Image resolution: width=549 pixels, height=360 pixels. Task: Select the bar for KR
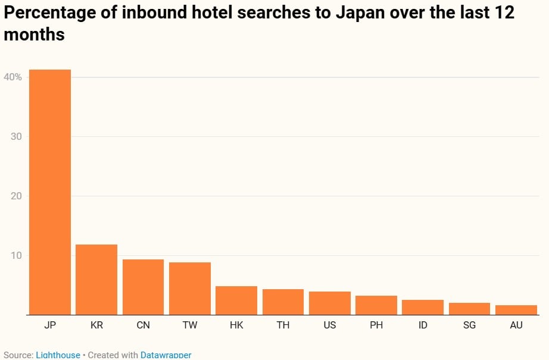coord(96,280)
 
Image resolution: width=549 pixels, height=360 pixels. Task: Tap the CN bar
coord(143,287)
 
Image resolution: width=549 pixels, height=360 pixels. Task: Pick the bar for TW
coord(190,289)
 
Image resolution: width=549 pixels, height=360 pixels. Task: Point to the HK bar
coord(236,300)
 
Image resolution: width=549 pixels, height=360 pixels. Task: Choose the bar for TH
coord(283,302)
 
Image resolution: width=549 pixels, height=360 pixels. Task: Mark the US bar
coord(330,303)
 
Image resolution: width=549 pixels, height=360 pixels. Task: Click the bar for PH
coord(376,305)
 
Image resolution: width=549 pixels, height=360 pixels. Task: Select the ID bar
coord(423,307)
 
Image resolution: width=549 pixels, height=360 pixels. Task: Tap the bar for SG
coord(469,309)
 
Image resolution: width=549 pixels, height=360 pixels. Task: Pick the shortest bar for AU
coord(516,310)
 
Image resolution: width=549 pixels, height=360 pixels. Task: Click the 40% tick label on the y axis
coord(13,77)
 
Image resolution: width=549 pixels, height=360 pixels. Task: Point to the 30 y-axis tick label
coord(16,136)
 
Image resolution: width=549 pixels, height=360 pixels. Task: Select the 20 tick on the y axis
coord(16,196)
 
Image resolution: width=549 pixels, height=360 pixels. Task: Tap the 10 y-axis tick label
coord(16,255)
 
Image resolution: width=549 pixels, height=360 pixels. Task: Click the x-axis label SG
coord(469,325)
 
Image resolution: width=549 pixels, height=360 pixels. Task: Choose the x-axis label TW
coord(190,325)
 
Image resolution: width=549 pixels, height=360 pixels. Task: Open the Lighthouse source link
coord(58,355)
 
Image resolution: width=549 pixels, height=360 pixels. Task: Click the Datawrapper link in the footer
coord(166,355)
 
